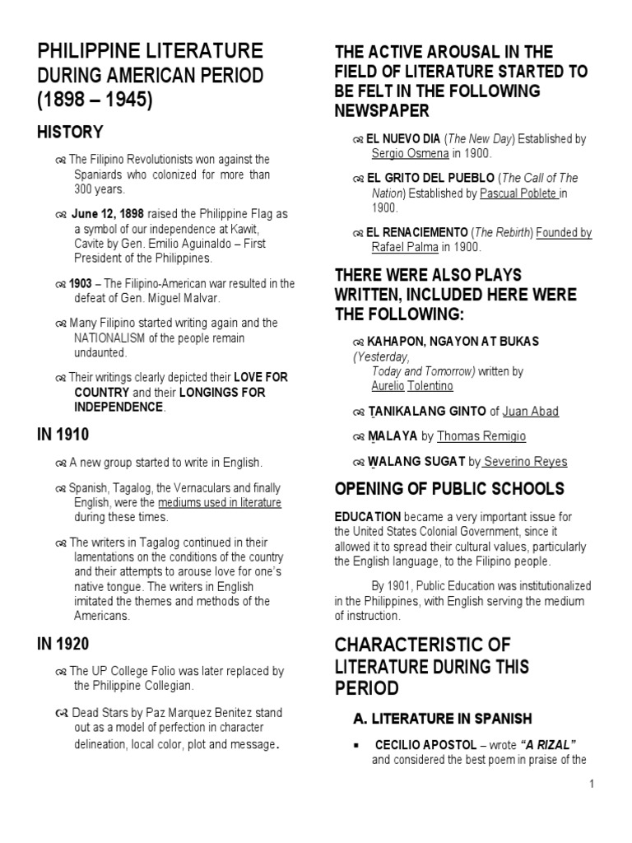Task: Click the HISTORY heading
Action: click(70, 133)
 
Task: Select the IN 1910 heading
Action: click(63, 434)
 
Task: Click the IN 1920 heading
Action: click(63, 644)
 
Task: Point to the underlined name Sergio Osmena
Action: click(410, 153)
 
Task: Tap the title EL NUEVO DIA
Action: click(404, 139)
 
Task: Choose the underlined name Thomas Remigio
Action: click(481, 436)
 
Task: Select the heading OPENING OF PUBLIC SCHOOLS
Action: click(448, 489)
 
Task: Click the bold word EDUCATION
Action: click(368, 517)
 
